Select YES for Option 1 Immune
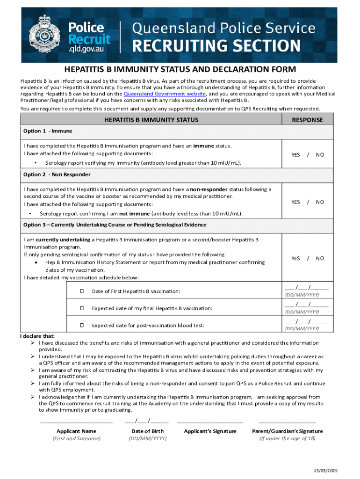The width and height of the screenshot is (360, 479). pyautogui.click(x=295, y=154)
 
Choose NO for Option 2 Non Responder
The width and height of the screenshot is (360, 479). pyautogui.click(x=320, y=202)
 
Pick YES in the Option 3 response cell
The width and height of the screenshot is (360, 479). pyautogui.click(x=295, y=258)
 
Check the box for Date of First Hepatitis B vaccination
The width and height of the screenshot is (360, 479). pyautogui.click(x=82, y=291)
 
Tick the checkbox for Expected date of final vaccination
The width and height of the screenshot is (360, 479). pyautogui.click(x=82, y=308)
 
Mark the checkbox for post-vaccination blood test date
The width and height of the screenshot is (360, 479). pyautogui.click(x=82, y=325)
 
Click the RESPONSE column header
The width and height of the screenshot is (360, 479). pyautogui.click(x=307, y=120)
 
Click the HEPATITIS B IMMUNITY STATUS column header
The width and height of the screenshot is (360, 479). pyautogui.click(x=151, y=120)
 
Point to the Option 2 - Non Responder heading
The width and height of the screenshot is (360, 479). pyautogui.click(x=57, y=174)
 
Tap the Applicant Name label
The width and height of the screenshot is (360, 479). pyautogui.click(x=76, y=431)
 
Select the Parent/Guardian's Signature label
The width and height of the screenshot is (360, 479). pyautogui.click(x=287, y=431)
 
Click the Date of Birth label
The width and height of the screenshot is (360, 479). pyautogui.click(x=147, y=431)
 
